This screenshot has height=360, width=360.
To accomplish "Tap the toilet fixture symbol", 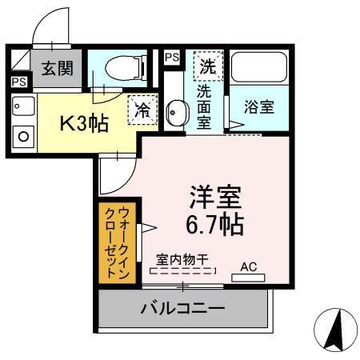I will coord(127,68).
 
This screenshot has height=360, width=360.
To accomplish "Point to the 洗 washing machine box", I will coord(208,66).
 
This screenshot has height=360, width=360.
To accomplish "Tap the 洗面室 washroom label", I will coord(204,103).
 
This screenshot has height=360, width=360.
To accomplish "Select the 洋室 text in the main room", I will coord(215,196).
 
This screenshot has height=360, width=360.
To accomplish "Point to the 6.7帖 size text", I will coord(215,223).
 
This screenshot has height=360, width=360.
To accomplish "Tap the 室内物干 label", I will coord(183,258).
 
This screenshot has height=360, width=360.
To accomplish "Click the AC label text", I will coord(249,266).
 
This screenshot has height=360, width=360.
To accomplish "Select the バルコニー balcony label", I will coord(183,307).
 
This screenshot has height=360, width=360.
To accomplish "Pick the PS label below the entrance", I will coord(18,81).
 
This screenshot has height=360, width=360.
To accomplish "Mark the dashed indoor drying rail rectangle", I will coord(183,272).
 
